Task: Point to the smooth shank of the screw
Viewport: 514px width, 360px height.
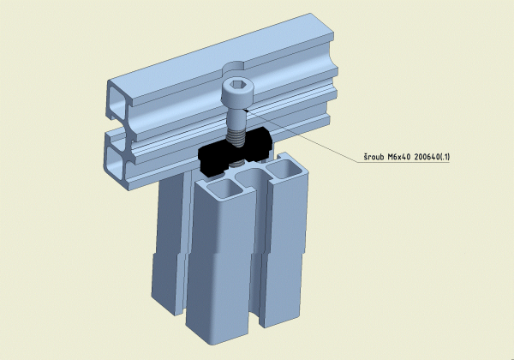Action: (236, 117)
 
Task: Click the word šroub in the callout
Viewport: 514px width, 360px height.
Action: (374, 157)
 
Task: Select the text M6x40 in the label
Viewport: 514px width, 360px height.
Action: (399, 157)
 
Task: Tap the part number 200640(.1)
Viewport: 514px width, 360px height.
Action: (432, 157)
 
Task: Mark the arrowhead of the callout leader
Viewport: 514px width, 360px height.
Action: (247, 111)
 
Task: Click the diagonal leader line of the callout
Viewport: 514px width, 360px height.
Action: (302, 135)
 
